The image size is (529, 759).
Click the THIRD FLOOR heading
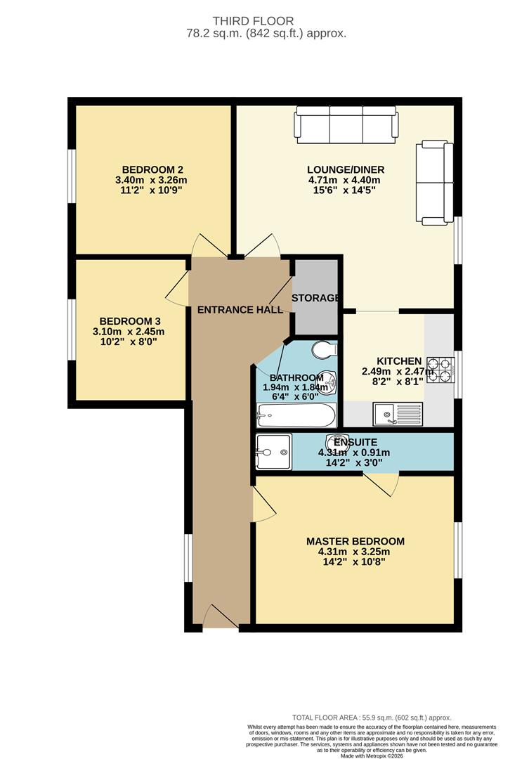click(253, 21)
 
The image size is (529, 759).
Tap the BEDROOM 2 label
click(152, 169)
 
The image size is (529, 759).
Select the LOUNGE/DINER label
click(346, 169)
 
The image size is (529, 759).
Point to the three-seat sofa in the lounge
click(346, 125)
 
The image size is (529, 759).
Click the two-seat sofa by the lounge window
click(435, 183)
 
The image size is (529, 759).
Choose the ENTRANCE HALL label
click(240, 310)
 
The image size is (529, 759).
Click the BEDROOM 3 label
click(130, 321)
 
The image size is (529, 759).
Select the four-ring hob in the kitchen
click(440, 370)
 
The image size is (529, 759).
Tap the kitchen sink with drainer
click(398, 415)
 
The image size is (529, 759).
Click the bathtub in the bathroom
click(296, 415)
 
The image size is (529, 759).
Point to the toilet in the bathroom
click(325, 349)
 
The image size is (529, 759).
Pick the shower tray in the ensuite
click(274, 452)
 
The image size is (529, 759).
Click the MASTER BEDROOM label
click(355, 541)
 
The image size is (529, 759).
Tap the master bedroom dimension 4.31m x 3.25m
click(354, 552)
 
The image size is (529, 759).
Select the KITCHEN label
click(399, 361)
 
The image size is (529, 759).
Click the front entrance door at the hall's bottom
click(221, 617)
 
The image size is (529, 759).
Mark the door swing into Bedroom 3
click(177, 290)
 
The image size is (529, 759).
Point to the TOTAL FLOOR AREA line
click(372, 718)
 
